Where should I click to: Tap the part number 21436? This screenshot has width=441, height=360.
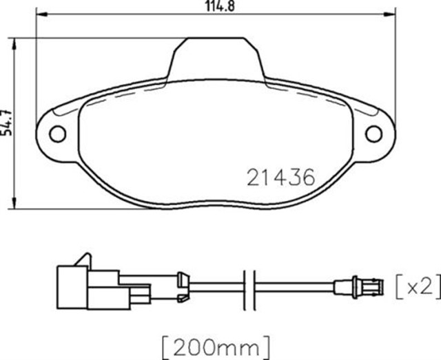click(x=280, y=177)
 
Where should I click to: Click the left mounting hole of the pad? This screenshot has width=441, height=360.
click(x=59, y=133)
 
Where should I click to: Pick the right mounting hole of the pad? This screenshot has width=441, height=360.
click(x=374, y=134)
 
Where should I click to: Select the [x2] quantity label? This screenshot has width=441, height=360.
click(x=418, y=284)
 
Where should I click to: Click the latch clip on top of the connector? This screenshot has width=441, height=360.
click(x=83, y=261)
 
